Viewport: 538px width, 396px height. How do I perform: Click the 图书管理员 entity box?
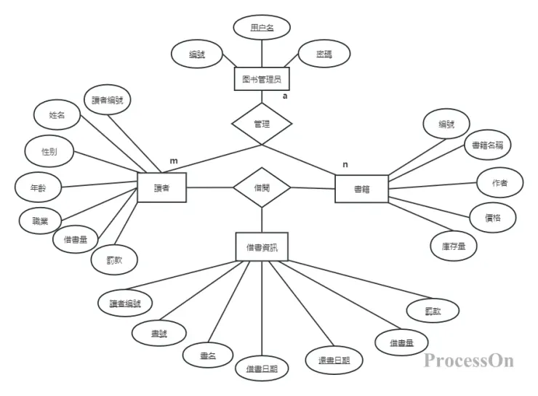tap(262, 78)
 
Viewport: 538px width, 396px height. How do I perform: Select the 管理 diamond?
tap(262, 124)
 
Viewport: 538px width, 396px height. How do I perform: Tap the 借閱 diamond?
tap(262, 187)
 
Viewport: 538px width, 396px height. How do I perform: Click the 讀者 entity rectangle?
tap(162, 187)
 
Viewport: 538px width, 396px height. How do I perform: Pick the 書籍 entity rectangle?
tap(361, 189)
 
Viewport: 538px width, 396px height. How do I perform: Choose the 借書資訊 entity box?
tap(262, 246)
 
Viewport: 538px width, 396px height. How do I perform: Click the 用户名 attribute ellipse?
tap(262, 28)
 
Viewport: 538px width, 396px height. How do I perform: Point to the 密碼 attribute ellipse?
tap(324, 54)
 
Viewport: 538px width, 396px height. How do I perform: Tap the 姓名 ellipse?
tap(57, 115)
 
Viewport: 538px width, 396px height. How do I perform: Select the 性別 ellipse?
tap(49, 151)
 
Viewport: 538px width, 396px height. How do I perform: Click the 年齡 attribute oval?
tap(38, 187)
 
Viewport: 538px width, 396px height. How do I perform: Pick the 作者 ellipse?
tap(499, 184)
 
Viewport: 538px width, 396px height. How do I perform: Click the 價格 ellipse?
tap(492, 217)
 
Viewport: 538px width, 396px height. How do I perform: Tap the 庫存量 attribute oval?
tap(453, 246)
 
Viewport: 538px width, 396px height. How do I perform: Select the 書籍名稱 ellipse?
tap(486, 145)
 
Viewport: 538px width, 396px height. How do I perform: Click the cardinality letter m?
tap(173, 160)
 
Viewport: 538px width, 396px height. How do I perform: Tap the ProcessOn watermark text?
tap(469, 360)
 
